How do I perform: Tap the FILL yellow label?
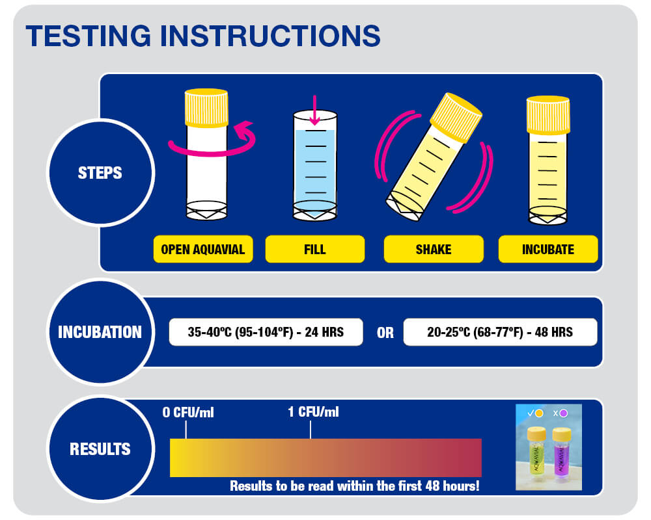pos(314,250)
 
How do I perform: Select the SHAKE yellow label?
pos(433,250)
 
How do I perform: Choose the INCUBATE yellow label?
pos(547,250)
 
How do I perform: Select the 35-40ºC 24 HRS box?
pos(266,332)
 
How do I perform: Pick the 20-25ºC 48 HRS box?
pos(499,332)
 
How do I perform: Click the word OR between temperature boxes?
pos(385,333)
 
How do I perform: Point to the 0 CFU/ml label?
pos(189,412)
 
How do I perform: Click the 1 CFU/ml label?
pos(313,412)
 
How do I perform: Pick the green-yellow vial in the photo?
pos(536,455)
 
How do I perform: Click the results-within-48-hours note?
pos(354,486)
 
